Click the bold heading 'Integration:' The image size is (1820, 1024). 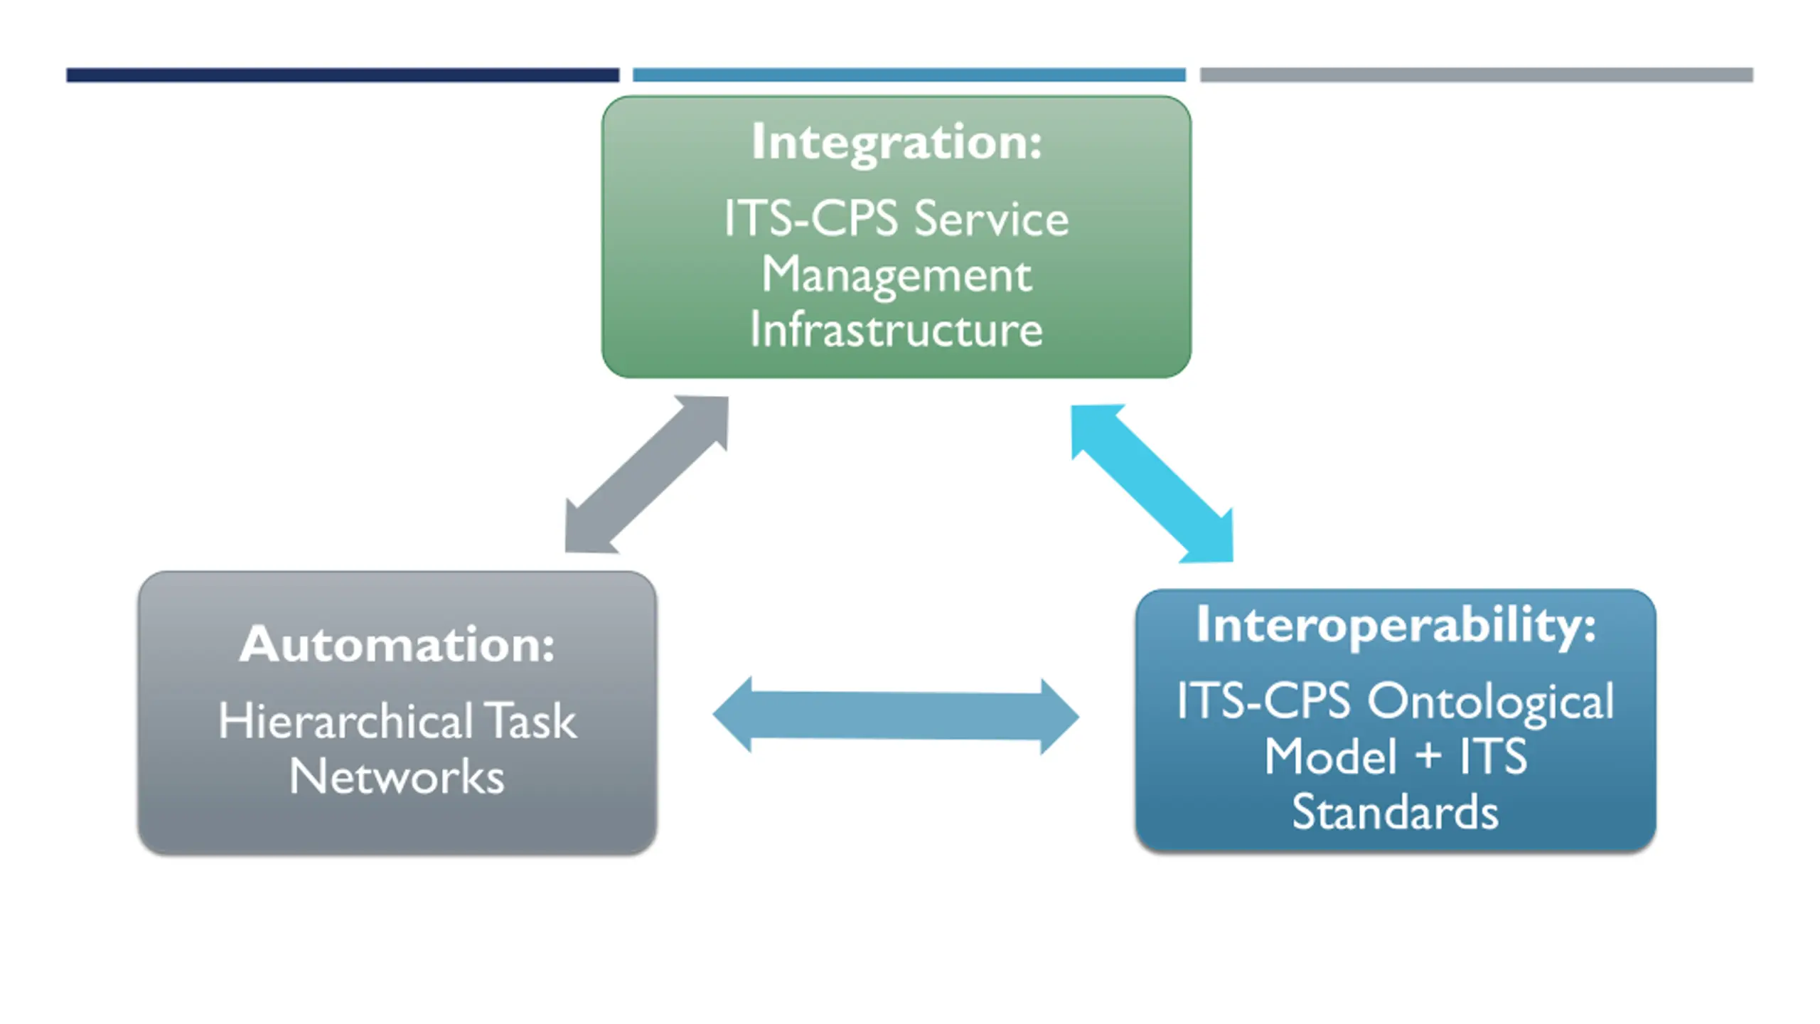(x=896, y=143)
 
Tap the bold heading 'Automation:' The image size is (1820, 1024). (x=397, y=644)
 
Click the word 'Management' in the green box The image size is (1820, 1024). (x=896, y=276)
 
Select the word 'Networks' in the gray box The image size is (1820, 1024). (x=397, y=776)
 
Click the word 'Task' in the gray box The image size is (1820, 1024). (x=530, y=720)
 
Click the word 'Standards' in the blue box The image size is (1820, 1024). (x=1396, y=811)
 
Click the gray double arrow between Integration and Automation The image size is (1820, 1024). (x=647, y=474)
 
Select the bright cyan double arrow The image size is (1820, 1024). (x=1152, y=484)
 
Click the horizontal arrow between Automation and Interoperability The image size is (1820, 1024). (x=896, y=715)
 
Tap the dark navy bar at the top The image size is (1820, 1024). (x=343, y=75)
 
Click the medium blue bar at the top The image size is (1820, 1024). (x=909, y=75)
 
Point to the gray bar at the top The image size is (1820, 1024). (x=1477, y=75)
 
